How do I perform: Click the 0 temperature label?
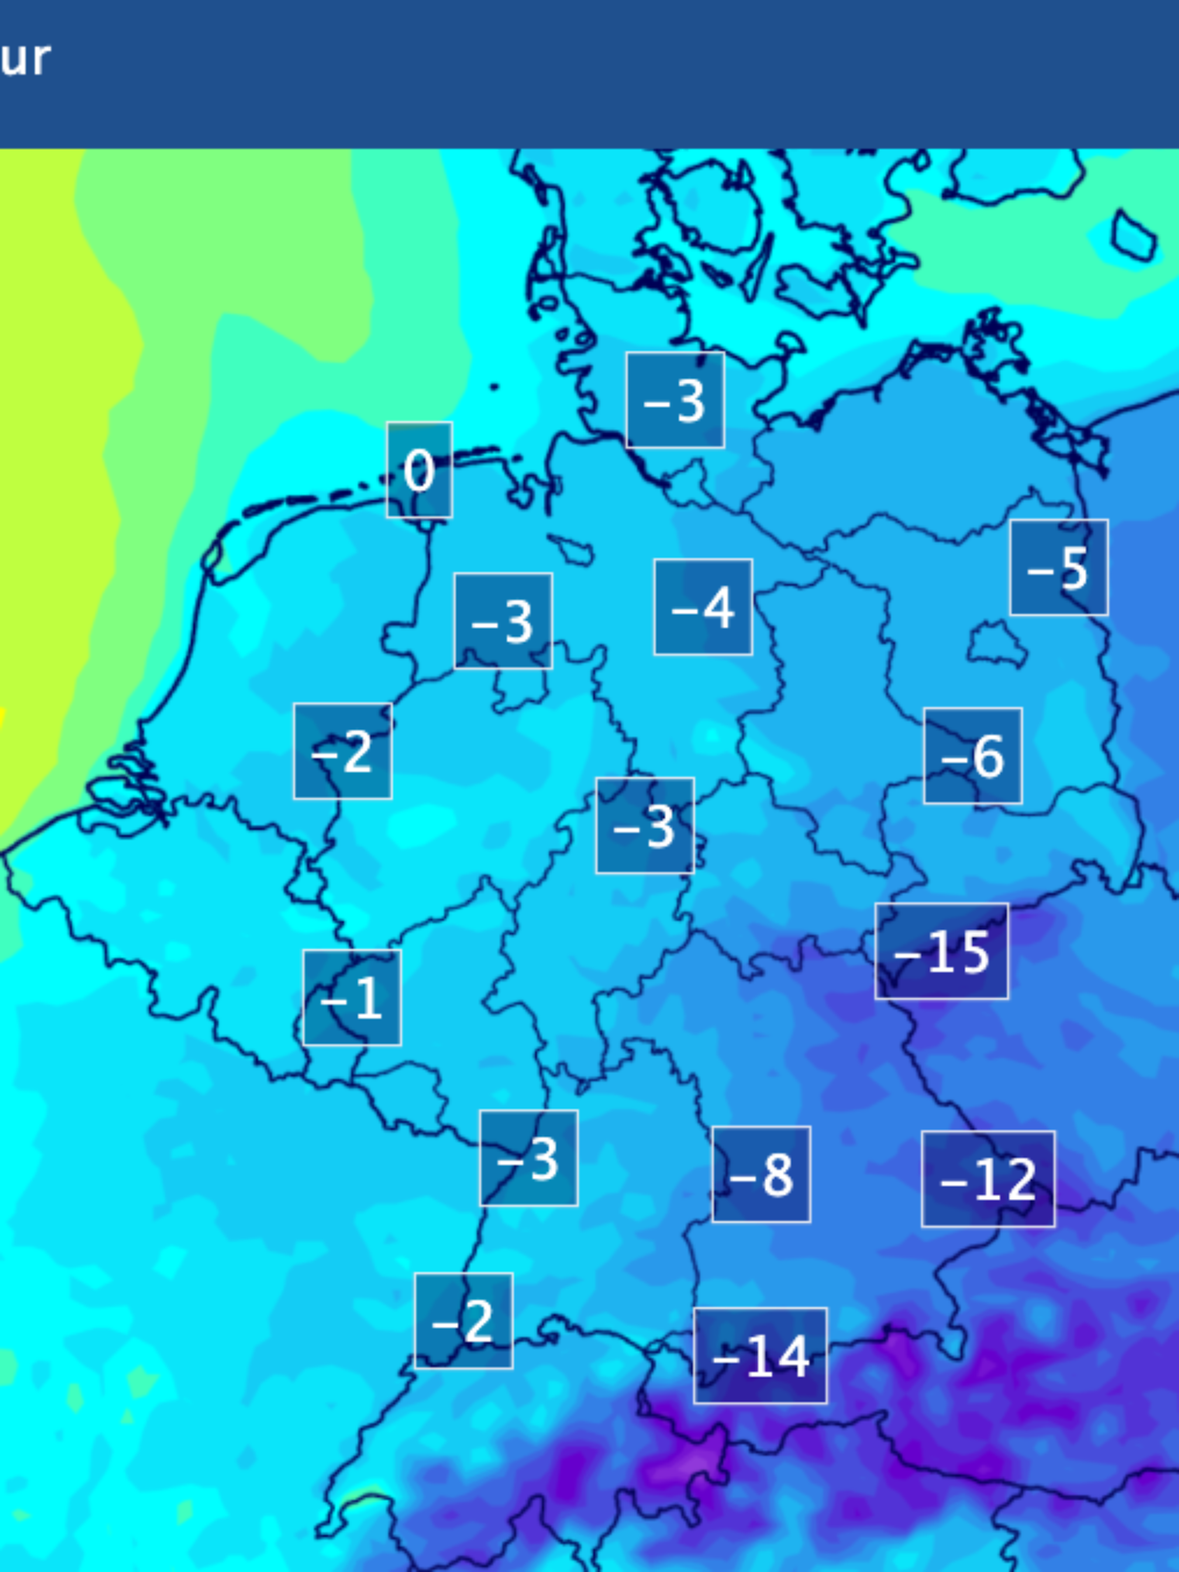point(419,470)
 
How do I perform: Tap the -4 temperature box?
point(703,607)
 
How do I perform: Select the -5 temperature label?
point(1058,567)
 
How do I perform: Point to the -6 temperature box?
point(972,755)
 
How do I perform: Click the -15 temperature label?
point(941,951)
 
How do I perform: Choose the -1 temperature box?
point(352,997)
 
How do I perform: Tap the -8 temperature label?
point(760,1174)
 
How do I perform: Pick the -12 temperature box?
point(988,1179)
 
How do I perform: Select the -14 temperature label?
point(759,1355)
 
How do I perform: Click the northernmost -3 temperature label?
point(674,400)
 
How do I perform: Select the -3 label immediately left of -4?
point(503,621)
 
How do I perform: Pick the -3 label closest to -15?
point(645,825)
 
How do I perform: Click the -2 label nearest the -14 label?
point(464,1320)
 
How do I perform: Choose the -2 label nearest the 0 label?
point(343,751)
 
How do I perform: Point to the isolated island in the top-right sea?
point(1134,235)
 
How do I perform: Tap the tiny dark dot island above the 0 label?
point(494,387)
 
